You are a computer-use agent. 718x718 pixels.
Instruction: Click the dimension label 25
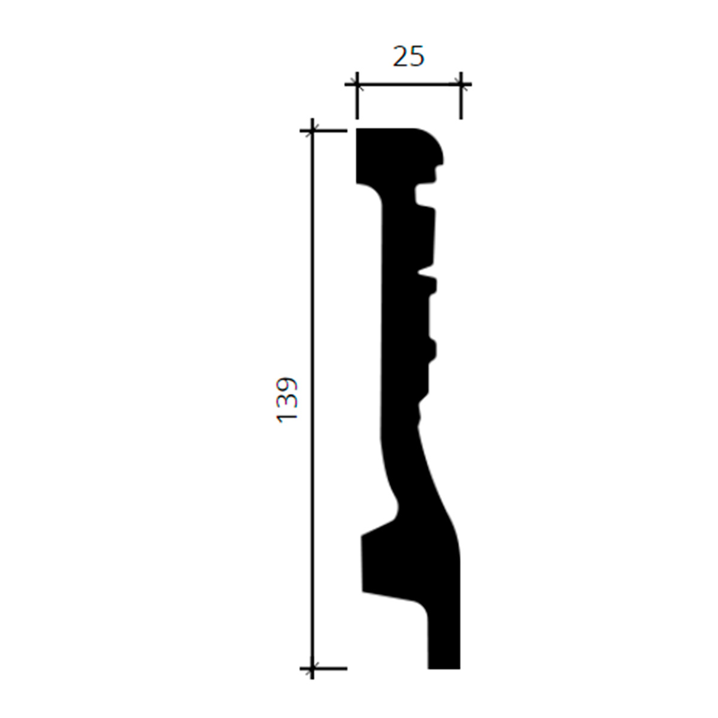[x=409, y=57]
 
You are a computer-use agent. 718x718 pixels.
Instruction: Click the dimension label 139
[x=287, y=400]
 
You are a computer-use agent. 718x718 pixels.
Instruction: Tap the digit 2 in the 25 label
[x=400, y=57]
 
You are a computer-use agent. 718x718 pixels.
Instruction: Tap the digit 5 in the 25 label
[x=417, y=57]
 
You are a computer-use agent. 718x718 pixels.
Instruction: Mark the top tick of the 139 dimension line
[x=312, y=131]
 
